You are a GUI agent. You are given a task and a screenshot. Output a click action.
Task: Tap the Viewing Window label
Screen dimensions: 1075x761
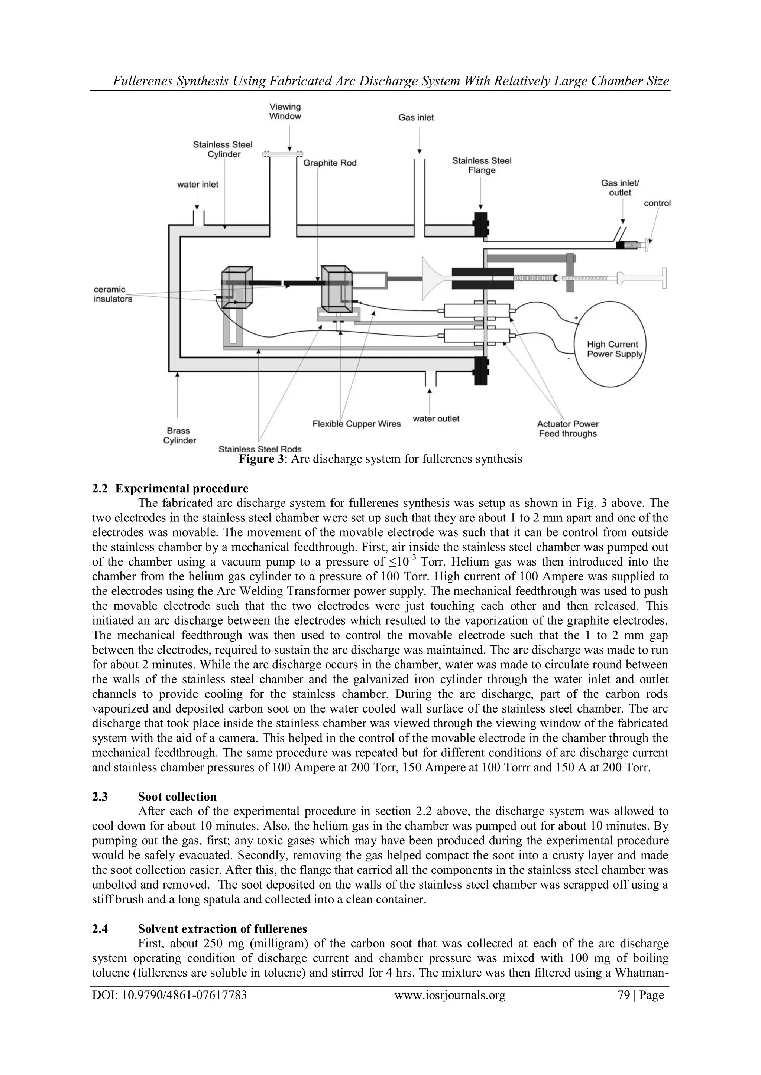pos(285,111)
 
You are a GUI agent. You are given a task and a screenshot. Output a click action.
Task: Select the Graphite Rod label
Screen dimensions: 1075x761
pos(330,163)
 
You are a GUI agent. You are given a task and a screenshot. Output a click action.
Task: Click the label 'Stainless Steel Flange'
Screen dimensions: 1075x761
pos(482,165)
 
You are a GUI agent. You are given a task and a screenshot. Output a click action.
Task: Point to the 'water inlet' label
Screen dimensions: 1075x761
pos(198,185)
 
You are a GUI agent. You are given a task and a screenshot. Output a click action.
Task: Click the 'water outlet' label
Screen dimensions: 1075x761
pos(436,418)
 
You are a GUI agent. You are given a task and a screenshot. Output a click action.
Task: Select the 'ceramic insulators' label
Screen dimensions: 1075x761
pos(113,294)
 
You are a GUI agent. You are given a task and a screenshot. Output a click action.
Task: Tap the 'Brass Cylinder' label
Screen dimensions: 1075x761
pos(179,436)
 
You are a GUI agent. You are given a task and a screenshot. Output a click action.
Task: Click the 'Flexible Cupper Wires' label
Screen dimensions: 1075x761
pos(357,424)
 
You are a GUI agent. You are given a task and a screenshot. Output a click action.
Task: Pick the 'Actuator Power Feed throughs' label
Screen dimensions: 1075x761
pos(567,429)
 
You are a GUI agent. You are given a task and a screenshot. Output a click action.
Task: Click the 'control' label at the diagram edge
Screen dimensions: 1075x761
pos(657,203)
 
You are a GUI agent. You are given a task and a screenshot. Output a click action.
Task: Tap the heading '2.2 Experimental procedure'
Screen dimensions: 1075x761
pos(170,488)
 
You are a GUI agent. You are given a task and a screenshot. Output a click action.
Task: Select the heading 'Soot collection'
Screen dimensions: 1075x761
pos(177,797)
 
